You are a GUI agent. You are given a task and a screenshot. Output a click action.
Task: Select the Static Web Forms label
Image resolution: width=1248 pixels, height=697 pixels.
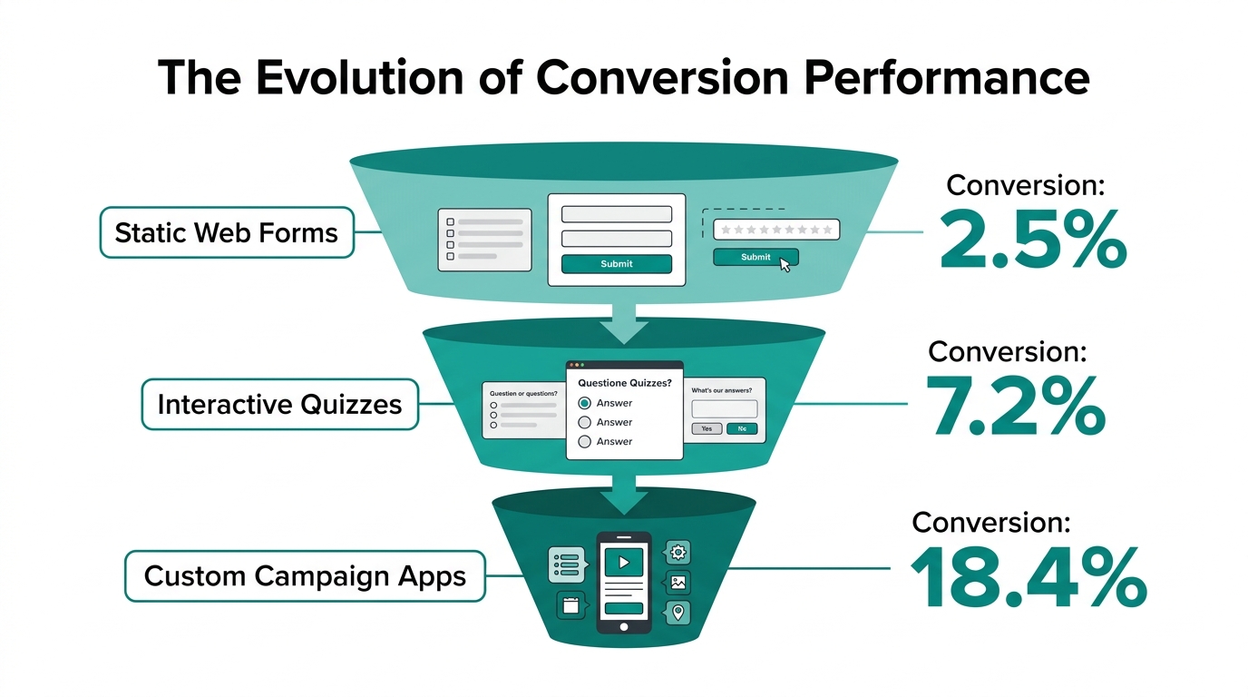[226, 232]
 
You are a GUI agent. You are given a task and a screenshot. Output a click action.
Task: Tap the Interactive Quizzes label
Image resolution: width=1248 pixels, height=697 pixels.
[279, 404]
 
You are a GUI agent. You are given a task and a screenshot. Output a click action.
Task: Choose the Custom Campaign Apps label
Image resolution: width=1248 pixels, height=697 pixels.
[305, 575]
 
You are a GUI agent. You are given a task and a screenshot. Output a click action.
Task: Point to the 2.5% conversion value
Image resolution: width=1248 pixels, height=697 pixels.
[1033, 241]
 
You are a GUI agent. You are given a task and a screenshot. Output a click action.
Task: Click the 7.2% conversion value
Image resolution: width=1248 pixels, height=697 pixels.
[1015, 408]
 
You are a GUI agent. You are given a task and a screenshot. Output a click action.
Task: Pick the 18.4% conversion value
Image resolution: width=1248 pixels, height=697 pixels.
[1028, 579]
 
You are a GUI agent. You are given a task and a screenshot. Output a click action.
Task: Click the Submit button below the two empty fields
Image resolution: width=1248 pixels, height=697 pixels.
[617, 264]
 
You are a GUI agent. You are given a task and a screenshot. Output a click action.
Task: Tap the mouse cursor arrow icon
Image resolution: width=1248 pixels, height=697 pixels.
[785, 264]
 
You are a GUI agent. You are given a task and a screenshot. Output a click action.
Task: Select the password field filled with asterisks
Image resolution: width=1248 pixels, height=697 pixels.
[776, 230]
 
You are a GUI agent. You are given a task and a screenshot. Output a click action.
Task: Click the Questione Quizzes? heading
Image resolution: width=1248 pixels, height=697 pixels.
[624, 383]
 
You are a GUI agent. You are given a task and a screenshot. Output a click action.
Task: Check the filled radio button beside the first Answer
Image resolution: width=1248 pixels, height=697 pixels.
[585, 403]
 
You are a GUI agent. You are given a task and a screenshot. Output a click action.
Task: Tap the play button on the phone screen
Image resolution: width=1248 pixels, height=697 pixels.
[623, 562]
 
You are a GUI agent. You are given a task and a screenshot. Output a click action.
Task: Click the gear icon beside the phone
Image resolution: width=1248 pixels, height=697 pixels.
[678, 552]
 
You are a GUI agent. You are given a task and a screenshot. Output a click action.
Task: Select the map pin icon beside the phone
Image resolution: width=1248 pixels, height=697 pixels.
[678, 613]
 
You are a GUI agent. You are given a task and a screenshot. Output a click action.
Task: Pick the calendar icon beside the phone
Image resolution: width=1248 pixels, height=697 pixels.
[570, 605]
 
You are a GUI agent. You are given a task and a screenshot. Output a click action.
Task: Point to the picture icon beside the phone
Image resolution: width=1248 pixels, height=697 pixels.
[678, 583]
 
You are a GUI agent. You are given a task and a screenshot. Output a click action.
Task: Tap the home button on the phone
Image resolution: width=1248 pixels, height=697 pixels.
[623, 626]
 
